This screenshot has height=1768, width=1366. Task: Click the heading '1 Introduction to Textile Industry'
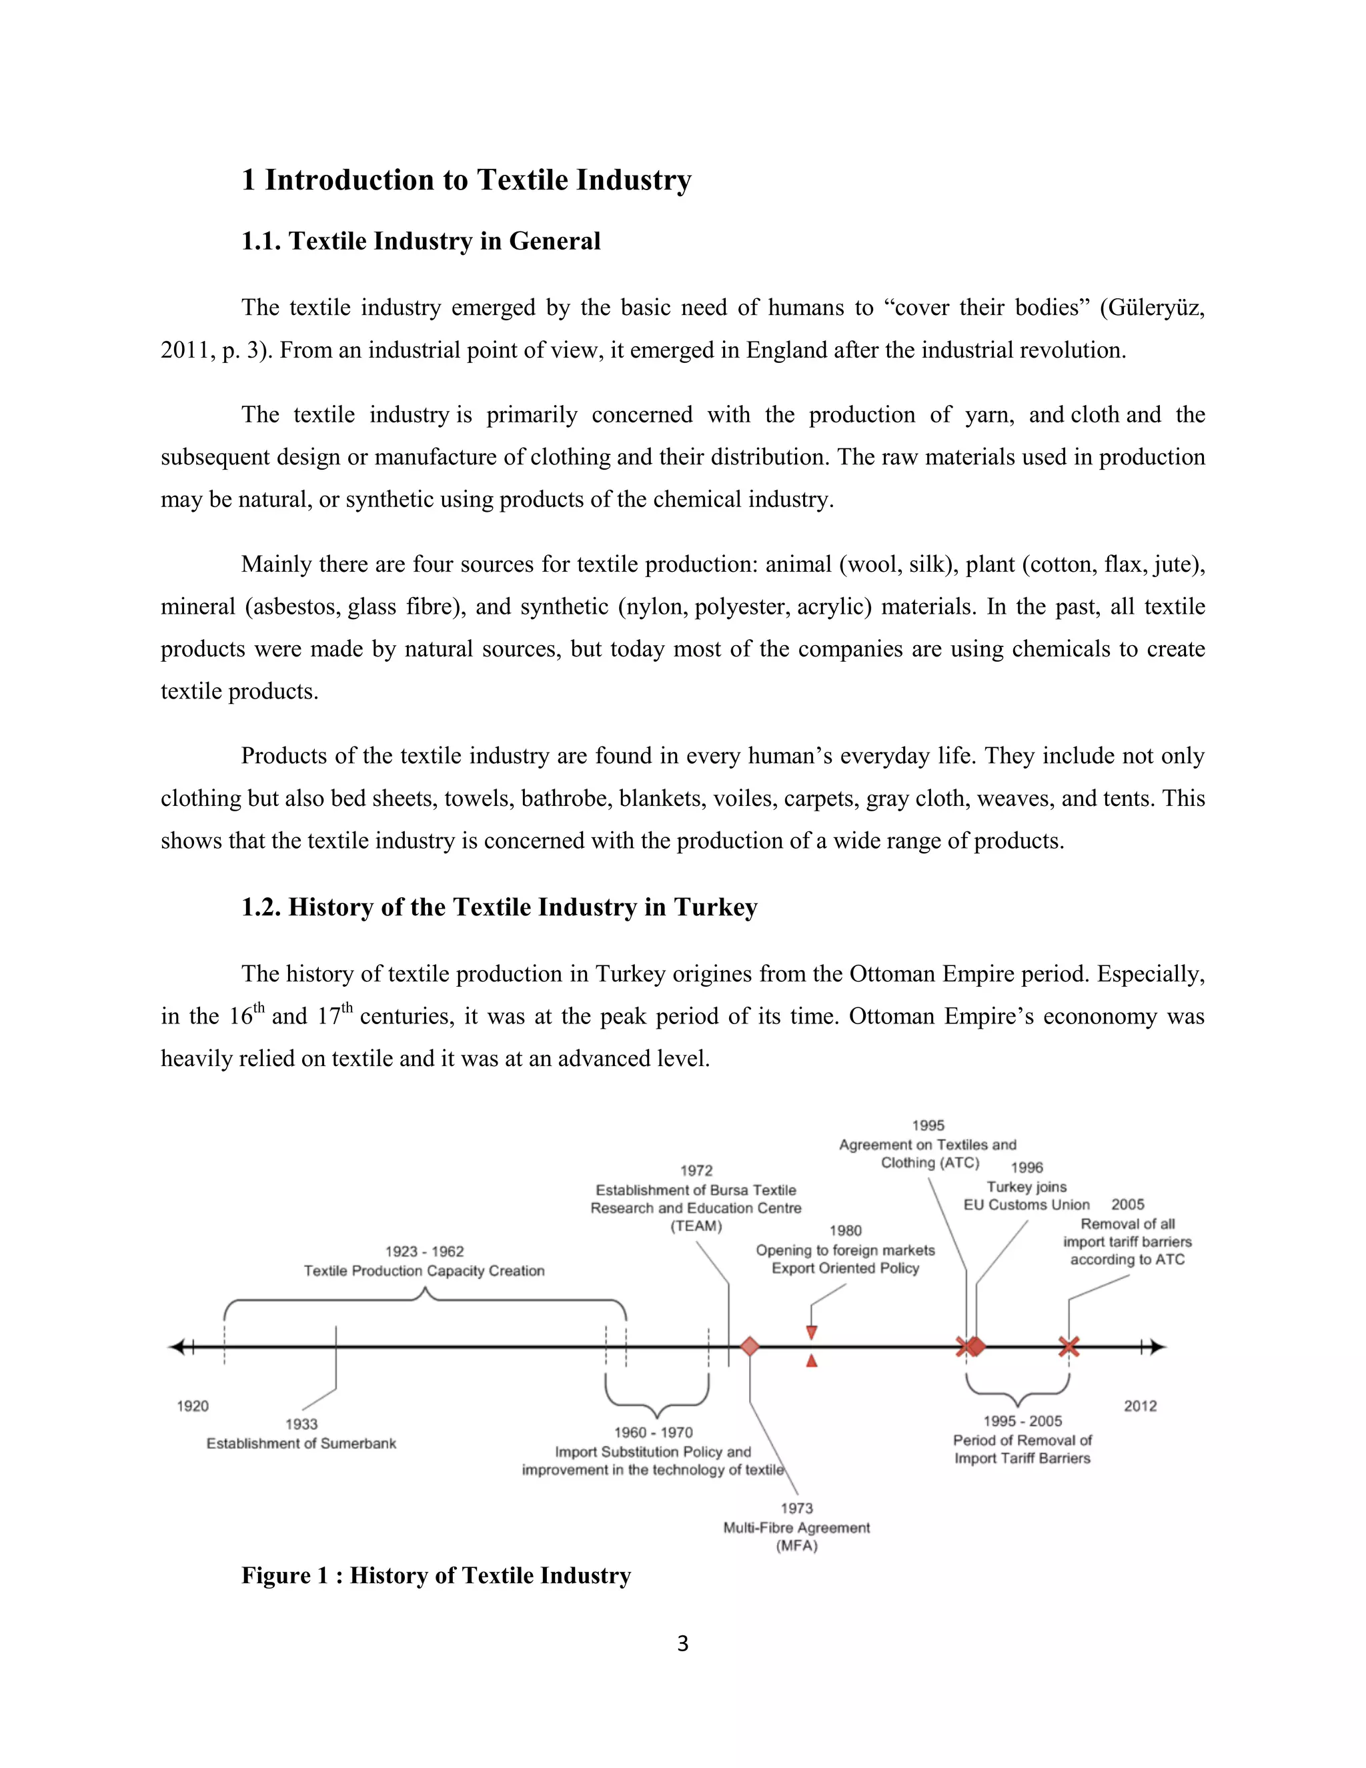point(466,179)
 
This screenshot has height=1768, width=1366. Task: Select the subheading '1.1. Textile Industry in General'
point(421,242)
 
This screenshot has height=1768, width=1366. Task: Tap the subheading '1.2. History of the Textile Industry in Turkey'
point(500,907)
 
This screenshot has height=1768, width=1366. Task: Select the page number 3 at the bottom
point(682,1643)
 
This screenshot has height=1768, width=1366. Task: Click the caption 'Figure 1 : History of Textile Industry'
point(436,1575)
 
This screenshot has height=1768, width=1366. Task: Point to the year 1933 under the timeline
point(301,1423)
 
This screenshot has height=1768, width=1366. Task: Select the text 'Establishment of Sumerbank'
point(301,1442)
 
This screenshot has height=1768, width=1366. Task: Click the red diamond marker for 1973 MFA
point(750,1346)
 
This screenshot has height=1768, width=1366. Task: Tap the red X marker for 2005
point(1069,1346)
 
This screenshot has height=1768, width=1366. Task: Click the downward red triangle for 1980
point(812,1332)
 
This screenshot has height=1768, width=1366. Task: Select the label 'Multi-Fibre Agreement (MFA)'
point(796,1536)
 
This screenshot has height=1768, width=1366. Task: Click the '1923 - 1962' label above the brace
point(424,1251)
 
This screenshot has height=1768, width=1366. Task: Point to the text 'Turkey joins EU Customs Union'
point(1026,1196)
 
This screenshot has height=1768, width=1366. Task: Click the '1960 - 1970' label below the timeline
point(653,1432)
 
